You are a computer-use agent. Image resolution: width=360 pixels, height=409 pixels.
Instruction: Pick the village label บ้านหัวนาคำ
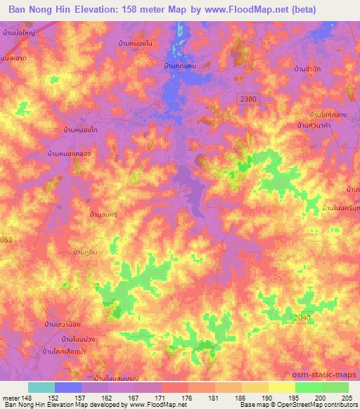tap(316, 124)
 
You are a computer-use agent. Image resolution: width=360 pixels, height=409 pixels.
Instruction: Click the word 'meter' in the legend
tap(12, 397)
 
